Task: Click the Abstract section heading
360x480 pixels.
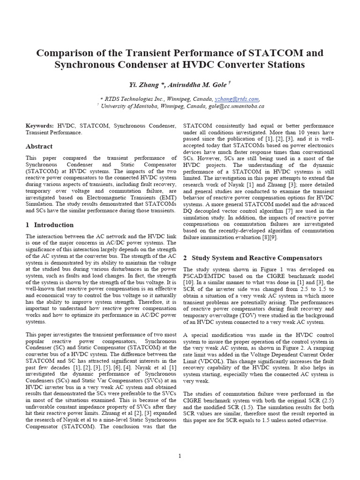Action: (x=39, y=147)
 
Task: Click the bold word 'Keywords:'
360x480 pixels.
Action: (x=39, y=126)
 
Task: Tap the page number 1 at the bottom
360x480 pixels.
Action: (x=180, y=456)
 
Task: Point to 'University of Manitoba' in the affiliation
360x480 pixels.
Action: (x=132, y=106)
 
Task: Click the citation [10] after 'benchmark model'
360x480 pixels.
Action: (x=188, y=284)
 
